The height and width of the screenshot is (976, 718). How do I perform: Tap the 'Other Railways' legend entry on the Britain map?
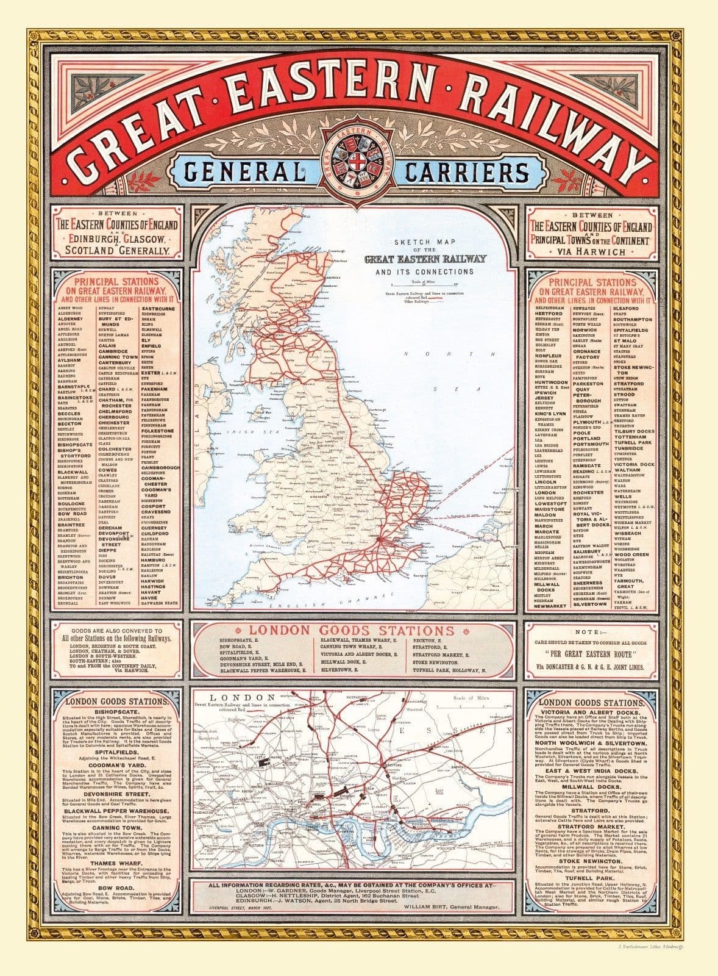point(402,303)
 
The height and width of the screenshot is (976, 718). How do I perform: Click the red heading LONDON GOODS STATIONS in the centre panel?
point(358,630)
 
